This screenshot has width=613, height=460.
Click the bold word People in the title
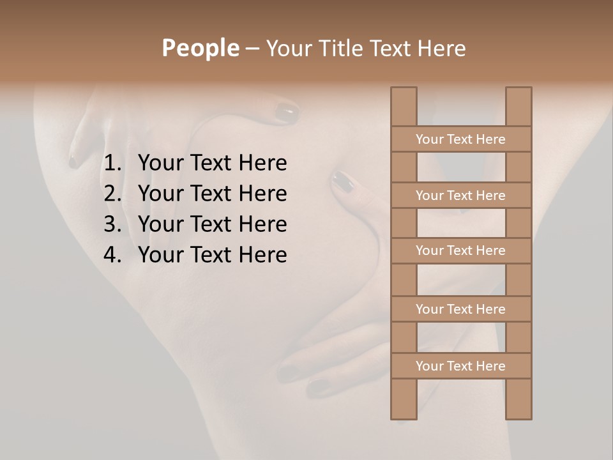click(200, 48)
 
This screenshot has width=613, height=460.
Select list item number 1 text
click(212, 163)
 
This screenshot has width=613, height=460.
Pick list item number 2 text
click(212, 194)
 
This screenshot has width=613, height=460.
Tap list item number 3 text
click(212, 224)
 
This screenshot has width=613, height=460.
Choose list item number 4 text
click(212, 255)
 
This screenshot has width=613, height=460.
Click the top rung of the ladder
click(460, 139)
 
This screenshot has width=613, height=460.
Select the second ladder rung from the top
click(460, 195)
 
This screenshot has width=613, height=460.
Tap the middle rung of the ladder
click(460, 251)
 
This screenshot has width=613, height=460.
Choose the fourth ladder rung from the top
click(460, 309)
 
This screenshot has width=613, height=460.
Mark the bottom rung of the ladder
click(460, 366)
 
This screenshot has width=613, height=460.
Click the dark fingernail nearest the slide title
click(287, 114)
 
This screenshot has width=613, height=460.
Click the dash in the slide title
click(252, 49)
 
